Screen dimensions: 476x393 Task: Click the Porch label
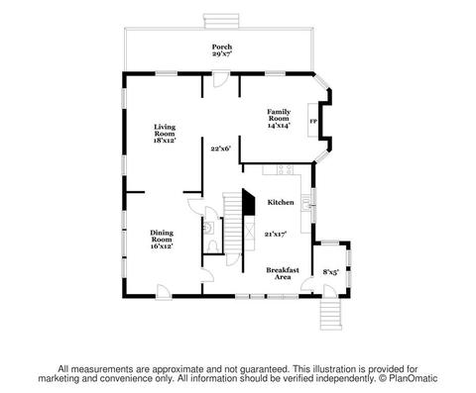point(222,47)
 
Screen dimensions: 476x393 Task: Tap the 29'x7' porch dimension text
point(222,53)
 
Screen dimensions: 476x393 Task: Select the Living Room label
point(165,130)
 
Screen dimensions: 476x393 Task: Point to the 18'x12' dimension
point(165,141)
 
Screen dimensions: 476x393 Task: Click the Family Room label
point(279,115)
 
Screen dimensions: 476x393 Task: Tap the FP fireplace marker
point(313,121)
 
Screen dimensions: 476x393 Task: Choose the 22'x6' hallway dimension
point(221,148)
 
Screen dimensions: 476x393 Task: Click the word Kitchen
point(281,202)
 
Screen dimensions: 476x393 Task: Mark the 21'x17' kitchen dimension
point(276,235)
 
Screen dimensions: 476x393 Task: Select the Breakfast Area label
point(283,273)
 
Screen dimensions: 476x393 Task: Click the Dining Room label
point(162,236)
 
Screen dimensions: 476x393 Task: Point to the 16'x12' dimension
point(162,246)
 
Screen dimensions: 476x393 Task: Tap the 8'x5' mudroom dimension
point(331,272)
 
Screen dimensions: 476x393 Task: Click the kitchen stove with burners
point(285,169)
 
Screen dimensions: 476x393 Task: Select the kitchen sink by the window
point(305,204)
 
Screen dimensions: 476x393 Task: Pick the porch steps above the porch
point(221,21)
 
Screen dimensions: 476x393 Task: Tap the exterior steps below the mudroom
point(330,314)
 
